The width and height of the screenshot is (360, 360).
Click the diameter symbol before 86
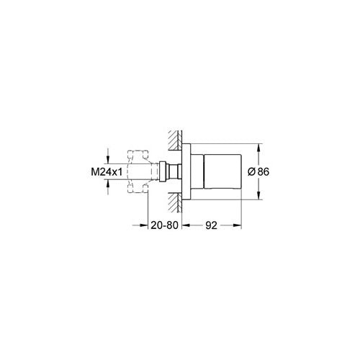pos(252,173)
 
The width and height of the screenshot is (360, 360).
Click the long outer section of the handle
pos(225,173)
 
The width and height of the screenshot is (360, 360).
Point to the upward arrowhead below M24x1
pos(107,186)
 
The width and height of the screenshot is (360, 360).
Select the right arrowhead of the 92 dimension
pos(238,225)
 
